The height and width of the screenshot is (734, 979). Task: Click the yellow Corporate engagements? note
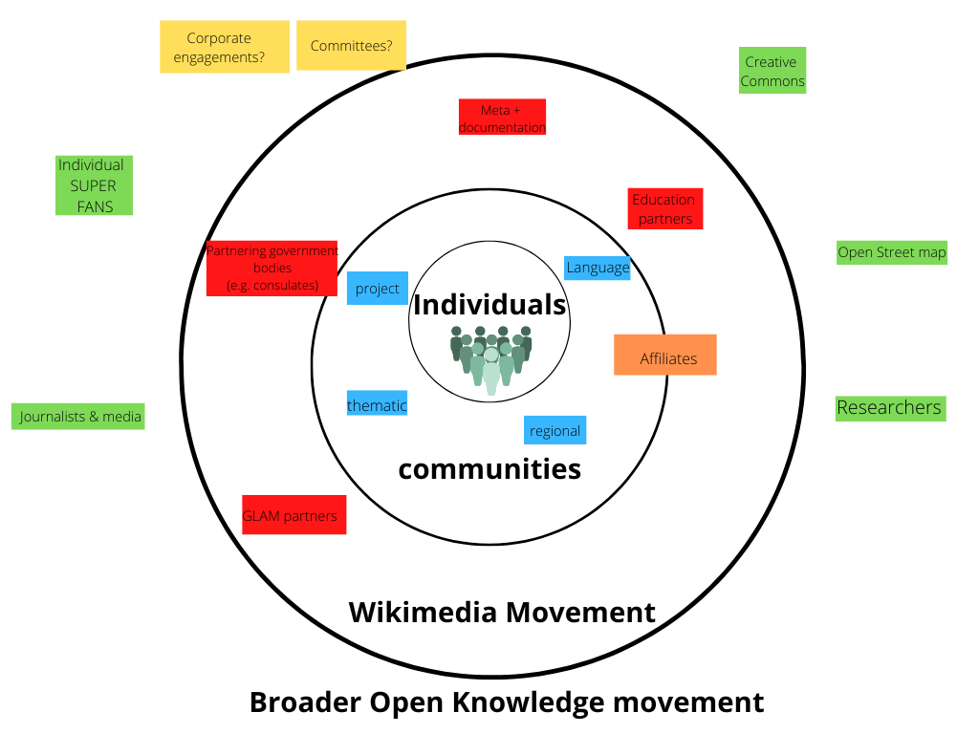[x=225, y=48]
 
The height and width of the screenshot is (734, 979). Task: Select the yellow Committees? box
[x=351, y=46]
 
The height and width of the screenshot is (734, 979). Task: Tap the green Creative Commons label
[x=772, y=72]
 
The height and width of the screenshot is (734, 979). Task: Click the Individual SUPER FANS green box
[x=93, y=185]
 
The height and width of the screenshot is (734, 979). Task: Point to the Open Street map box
[x=891, y=253]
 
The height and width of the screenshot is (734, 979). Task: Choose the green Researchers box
[x=889, y=408]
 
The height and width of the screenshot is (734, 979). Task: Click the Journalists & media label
[x=79, y=417]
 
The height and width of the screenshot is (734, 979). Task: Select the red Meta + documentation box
[x=502, y=118]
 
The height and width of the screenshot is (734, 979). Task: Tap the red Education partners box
[x=665, y=209]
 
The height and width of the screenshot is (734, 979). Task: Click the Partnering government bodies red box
[x=272, y=269]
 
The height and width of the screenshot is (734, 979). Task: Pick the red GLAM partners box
[x=294, y=515]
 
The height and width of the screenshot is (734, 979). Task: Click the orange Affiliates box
[x=665, y=356]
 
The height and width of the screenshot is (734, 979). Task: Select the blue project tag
[x=378, y=289]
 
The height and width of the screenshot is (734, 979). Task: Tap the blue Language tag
[x=598, y=268]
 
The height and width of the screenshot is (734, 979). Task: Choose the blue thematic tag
[x=377, y=405]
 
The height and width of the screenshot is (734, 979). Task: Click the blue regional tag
[x=555, y=430]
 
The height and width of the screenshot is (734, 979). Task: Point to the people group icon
[x=490, y=358]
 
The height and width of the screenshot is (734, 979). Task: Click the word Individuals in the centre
[x=489, y=305]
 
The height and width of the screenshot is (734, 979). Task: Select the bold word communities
[x=489, y=469]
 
